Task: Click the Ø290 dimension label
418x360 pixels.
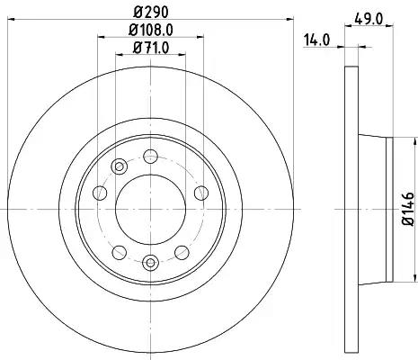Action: click(x=151, y=12)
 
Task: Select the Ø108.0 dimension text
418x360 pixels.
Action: click(x=151, y=30)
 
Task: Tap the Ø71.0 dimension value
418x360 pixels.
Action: click(x=151, y=48)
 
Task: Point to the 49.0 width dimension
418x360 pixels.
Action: click(x=369, y=20)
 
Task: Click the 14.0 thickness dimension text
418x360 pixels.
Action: click(x=317, y=40)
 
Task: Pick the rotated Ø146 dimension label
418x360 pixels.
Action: click(x=408, y=209)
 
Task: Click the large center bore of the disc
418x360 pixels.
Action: click(x=150, y=209)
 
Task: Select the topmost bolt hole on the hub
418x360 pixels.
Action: click(x=150, y=156)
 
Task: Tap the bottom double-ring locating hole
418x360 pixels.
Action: click(x=150, y=263)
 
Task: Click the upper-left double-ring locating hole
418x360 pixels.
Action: click(x=120, y=166)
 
